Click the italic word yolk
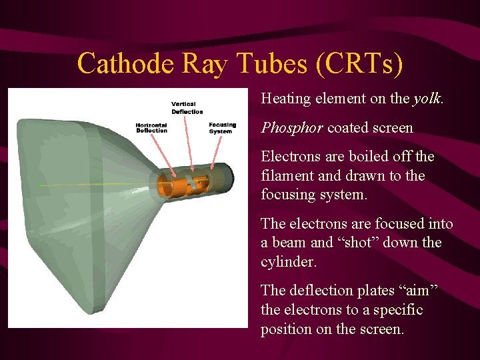(x=427, y=99)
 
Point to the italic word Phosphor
(x=291, y=128)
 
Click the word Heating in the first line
(x=286, y=99)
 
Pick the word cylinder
(x=287, y=262)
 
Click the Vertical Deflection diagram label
(x=187, y=108)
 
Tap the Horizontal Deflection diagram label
(x=151, y=128)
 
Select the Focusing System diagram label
(x=222, y=128)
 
